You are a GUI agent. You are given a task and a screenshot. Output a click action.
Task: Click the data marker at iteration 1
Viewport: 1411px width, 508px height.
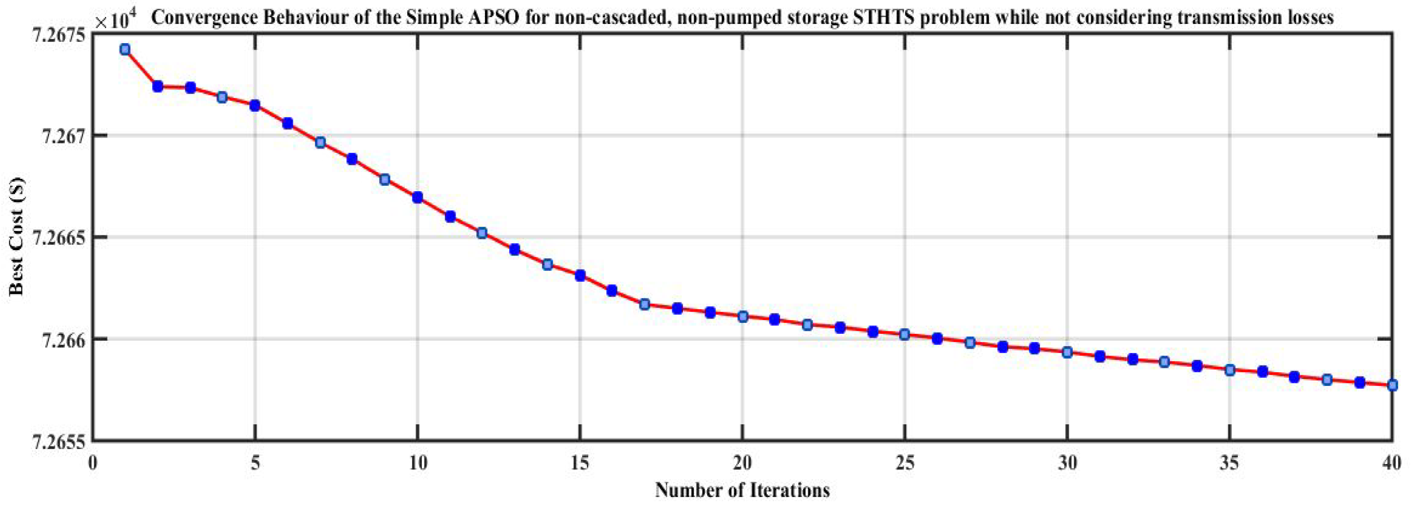125,50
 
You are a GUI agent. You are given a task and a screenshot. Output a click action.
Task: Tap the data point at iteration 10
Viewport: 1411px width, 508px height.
418,197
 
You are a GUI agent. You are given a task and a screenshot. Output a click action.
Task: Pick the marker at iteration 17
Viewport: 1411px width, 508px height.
645,304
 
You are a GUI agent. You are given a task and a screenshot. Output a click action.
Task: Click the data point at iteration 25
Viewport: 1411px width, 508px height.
905,334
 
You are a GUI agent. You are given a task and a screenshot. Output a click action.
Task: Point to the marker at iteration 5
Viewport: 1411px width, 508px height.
255,105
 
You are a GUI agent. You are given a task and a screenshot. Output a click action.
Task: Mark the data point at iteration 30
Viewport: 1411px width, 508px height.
1067,352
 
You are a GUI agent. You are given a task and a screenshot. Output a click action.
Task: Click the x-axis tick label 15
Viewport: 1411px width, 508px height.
580,464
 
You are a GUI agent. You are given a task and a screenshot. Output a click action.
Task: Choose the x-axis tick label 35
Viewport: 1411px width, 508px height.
1229,464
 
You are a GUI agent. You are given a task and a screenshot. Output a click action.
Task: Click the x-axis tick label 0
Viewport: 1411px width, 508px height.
93,464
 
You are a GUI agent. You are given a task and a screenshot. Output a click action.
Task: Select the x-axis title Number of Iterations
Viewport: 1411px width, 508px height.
742,489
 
